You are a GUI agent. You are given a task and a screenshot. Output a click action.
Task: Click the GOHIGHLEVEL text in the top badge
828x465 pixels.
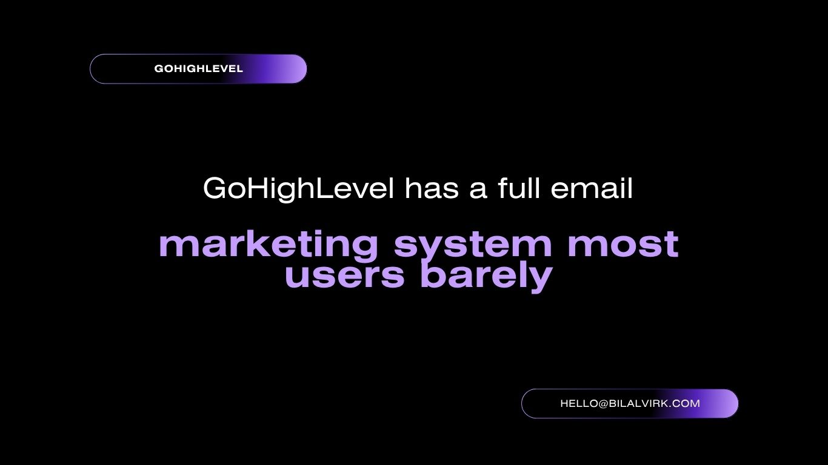coord(198,68)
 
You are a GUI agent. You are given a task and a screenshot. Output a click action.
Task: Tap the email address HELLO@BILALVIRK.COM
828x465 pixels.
coord(630,403)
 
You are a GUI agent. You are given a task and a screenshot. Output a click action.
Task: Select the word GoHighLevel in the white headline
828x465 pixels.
coord(299,188)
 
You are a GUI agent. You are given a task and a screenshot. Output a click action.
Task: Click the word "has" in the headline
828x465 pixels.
coord(432,188)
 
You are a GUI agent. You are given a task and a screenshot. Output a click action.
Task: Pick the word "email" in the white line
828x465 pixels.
coord(592,188)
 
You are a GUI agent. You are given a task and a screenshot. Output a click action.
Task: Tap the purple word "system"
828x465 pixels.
coord(473,246)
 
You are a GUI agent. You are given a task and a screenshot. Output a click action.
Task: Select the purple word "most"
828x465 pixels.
coord(623,244)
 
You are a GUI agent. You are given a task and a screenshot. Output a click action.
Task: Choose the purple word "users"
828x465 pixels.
coord(344,276)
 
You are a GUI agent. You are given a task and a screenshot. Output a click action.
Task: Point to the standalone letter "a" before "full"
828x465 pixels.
coord(478,191)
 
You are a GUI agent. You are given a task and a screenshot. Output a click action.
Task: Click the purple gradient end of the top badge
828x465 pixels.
coord(285,68)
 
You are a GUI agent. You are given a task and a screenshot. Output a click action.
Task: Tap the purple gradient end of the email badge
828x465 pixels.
coord(716,403)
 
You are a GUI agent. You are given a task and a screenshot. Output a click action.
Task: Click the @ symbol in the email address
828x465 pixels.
coord(603,404)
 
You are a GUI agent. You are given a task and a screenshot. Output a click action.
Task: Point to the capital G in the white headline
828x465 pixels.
coord(215,188)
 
